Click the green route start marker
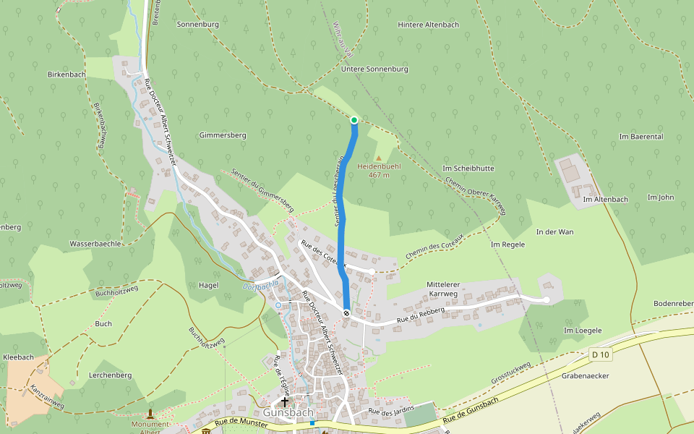(354, 119)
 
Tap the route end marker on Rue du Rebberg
(347, 313)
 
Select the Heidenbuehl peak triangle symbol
(377, 157)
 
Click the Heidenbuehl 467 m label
(380, 170)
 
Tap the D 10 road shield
(600, 354)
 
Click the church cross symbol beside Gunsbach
(286, 401)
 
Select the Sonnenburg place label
(197, 24)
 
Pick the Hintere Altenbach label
(429, 24)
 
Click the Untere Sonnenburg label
(375, 69)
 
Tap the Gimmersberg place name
(223, 135)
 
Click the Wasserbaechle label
(95, 244)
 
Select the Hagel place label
(208, 285)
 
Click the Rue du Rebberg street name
(420, 318)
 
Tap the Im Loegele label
(583, 330)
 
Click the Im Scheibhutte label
(468, 168)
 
